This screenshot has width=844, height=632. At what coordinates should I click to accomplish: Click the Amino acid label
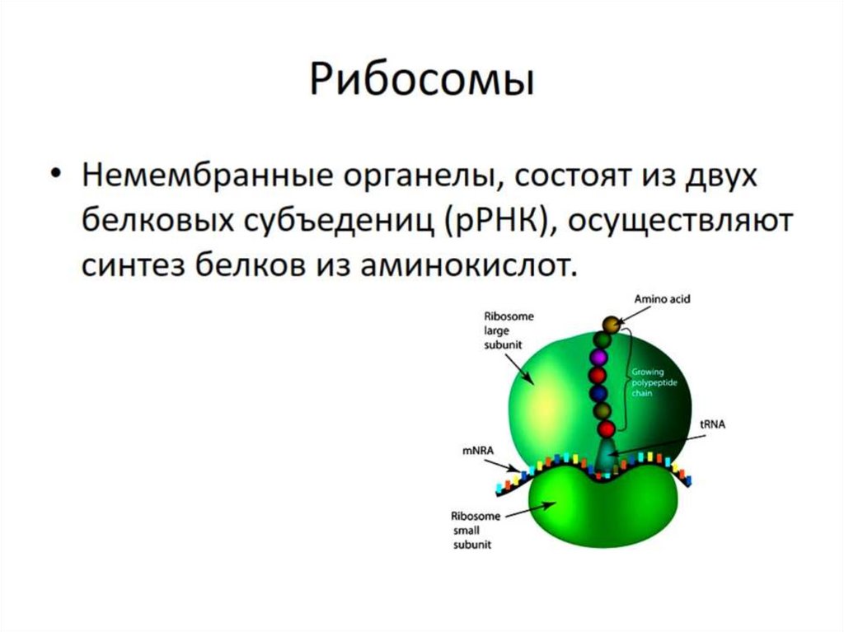pyautogui.click(x=662, y=300)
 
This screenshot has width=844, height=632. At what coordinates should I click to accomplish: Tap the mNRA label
pyautogui.click(x=476, y=452)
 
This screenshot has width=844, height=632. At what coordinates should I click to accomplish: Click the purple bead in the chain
pyautogui.click(x=601, y=358)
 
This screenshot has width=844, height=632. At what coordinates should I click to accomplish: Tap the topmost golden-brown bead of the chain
pyautogui.click(x=611, y=325)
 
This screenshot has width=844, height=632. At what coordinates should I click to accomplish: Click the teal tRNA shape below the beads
pyautogui.click(x=607, y=456)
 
